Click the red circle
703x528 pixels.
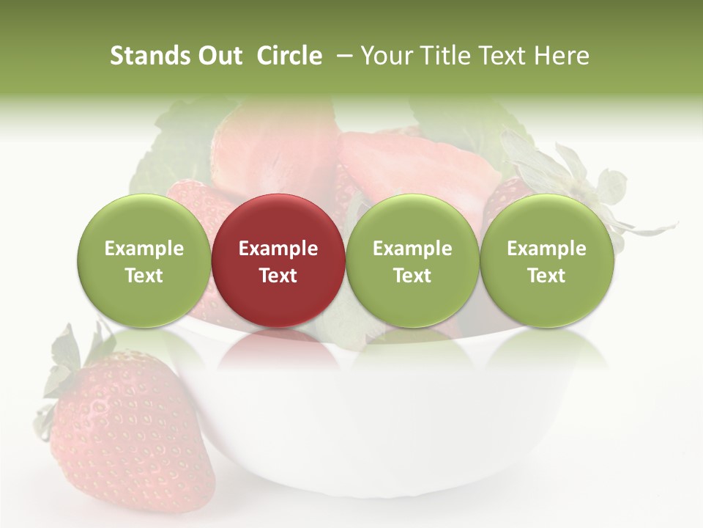pos(278,260)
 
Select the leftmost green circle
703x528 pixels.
pos(144,260)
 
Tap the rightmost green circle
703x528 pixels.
pos(547,260)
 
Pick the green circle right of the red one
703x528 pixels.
pos(412,260)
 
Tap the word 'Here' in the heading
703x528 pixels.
pos(561,56)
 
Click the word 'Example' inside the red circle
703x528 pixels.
pos(278,249)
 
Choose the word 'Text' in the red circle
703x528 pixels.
pos(278,276)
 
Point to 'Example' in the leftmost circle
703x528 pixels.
pos(144,249)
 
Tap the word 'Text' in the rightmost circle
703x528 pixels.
pos(547,276)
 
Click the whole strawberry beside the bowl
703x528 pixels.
pos(132,433)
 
